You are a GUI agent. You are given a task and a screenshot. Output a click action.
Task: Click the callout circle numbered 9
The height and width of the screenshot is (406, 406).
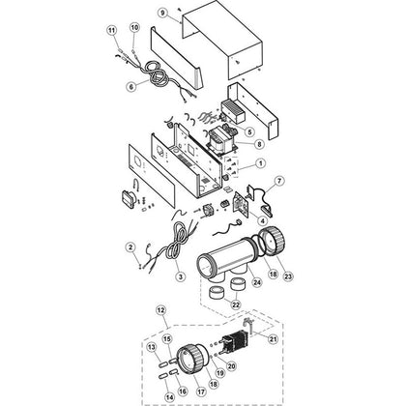(x=162, y=13)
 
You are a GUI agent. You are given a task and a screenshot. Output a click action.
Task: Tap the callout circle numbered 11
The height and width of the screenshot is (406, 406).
(x=111, y=30)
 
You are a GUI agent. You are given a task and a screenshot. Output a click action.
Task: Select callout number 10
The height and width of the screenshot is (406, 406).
(x=134, y=27)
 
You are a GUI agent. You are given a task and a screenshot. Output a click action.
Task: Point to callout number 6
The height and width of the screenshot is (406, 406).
(x=130, y=87)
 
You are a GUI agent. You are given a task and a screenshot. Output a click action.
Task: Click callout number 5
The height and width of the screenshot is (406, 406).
(x=249, y=131)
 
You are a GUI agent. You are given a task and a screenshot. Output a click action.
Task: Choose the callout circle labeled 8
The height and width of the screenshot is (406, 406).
(x=259, y=144)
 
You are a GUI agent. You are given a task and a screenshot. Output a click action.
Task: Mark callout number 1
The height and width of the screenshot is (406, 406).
(x=260, y=163)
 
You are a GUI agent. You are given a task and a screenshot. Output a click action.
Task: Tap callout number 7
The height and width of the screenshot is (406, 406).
(x=279, y=181)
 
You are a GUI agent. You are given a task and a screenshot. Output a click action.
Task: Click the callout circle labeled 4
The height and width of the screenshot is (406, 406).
(x=262, y=220)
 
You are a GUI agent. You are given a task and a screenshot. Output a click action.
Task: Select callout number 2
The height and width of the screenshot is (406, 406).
(x=130, y=247)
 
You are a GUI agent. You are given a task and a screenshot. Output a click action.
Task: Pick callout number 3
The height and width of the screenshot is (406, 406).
(x=180, y=276)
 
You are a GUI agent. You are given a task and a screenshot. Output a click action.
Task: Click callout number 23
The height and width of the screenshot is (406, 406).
(x=288, y=276)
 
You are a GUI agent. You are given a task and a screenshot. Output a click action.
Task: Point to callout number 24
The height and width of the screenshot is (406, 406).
(x=257, y=282)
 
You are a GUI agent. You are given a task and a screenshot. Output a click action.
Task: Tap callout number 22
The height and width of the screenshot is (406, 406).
(x=236, y=304)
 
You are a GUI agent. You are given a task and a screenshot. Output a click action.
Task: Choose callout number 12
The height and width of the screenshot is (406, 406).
(x=160, y=310)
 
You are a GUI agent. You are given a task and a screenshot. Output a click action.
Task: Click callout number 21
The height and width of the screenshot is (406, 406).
(x=273, y=339)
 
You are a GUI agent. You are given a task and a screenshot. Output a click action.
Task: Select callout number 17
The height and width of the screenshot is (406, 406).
(x=201, y=391)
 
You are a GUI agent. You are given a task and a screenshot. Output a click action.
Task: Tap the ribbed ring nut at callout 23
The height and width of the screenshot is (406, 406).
(x=273, y=243)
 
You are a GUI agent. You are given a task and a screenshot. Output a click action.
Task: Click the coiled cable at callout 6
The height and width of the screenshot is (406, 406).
(x=158, y=74)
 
